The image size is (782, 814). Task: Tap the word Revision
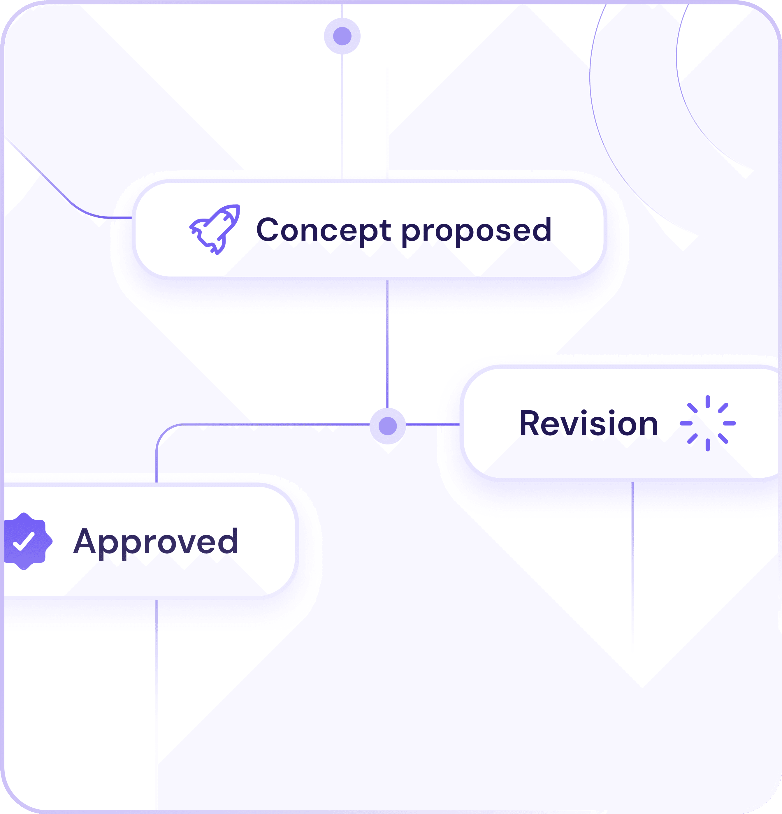[588, 424]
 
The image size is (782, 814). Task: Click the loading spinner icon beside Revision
[708, 423]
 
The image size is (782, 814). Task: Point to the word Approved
[156, 542]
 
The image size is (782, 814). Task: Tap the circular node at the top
[342, 36]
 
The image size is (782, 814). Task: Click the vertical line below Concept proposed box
[387, 345]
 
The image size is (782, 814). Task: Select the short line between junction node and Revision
[433, 424]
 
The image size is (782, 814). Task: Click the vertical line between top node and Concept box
[342, 116]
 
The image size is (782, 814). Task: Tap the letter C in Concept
[268, 229]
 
